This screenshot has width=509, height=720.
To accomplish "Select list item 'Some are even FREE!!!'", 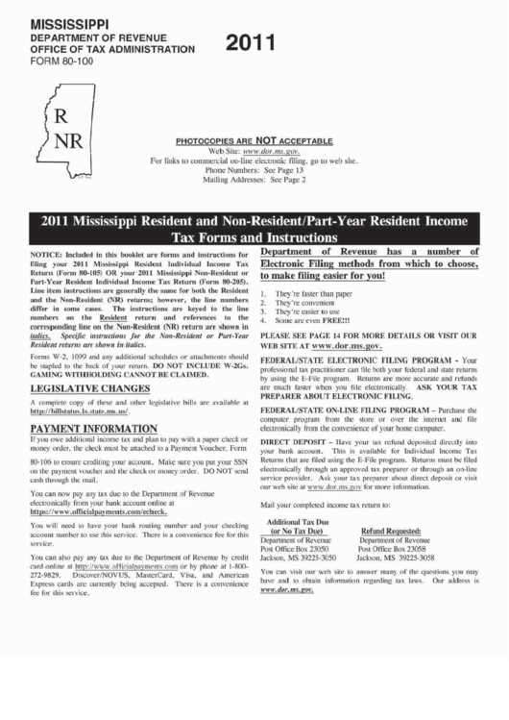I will pos(309,320).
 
